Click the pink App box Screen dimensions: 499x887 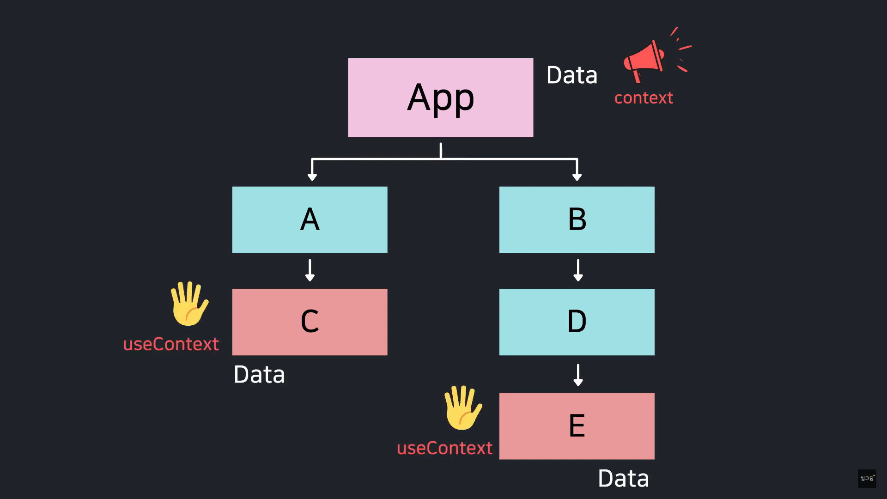tap(440, 97)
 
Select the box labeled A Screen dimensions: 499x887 tap(310, 219)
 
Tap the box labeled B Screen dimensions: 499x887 tap(577, 219)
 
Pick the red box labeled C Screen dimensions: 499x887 tap(310, 322)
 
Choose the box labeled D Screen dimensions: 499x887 tap(577, 322)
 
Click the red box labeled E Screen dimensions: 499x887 tap(577, 426)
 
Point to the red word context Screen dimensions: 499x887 tap(644, 98)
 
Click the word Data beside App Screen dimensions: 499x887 tap(571, 75)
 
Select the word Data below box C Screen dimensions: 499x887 tap(259, 374)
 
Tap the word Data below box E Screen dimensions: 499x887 tap(623, 478)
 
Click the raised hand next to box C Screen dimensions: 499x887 tap(189, 304)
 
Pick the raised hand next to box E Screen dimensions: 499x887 tap(462, 408)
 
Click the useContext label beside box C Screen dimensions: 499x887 tap(171, 344)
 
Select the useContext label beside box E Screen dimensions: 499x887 tap(444, 448)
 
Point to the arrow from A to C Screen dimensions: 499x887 tap(310, 270)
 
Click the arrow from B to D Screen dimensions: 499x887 tap(577, 270)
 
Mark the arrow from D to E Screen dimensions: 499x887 tap(577, 375)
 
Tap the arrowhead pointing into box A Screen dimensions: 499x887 tap(312, 176)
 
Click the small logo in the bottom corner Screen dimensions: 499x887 tap(867, 478)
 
